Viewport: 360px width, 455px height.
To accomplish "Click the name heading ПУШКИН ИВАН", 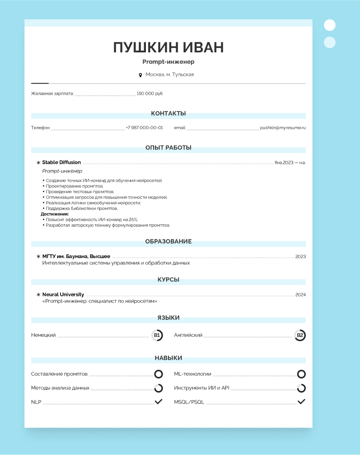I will [168, 48].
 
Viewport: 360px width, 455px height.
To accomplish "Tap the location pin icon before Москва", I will [140, 75].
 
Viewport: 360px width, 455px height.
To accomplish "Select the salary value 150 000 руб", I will [149, 94].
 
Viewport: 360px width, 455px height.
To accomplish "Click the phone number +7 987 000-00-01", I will [144, 128].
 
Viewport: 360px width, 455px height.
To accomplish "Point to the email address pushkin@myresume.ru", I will [283, 128].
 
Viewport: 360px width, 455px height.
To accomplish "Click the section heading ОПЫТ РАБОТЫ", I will [168, 148].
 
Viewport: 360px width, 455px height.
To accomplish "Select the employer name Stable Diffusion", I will [61, 162].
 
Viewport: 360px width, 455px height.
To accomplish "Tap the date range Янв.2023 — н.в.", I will [290, 163].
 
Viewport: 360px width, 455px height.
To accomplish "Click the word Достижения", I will [54, 214].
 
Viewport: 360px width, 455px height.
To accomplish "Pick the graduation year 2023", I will [300, 257].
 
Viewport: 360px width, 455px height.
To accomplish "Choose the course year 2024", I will [300, 295].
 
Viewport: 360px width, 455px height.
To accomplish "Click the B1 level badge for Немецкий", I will [157, 335].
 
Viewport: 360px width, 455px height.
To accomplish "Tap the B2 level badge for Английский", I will [300, 335].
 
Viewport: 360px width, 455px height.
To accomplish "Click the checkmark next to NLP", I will [158, 402].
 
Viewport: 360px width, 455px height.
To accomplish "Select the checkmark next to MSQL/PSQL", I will [301, 402].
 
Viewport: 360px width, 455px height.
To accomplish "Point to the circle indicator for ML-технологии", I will [301, 374].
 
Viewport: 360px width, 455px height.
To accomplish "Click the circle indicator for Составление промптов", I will [158, 374].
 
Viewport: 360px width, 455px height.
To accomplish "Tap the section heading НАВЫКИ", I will [168, 358].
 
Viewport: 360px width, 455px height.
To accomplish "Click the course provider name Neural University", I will [63, 295].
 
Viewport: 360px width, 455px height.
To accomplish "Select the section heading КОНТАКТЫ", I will [168, 113].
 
